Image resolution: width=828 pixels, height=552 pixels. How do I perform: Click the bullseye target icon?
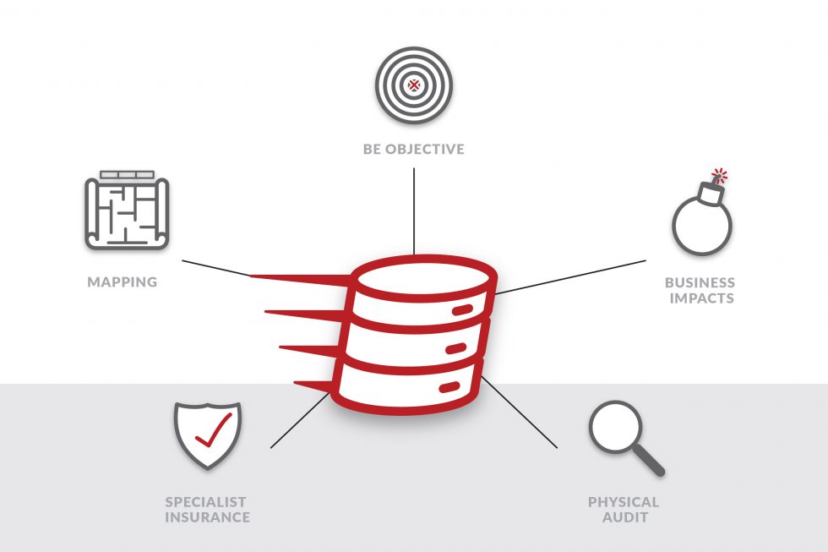[x=414, y=85]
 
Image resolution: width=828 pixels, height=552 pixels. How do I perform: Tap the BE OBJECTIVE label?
[x=414, y=150]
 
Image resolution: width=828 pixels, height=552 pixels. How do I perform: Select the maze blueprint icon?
[x=127, y=211]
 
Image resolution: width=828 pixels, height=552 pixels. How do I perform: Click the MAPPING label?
[x=123, y=281]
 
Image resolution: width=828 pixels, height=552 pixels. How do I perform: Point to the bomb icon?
[x=701, y=224]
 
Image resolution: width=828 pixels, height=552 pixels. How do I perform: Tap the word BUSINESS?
[x=700, y=282]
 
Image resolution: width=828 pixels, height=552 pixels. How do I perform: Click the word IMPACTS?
[x=701, y=298]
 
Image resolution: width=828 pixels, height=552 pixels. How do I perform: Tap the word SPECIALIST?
[x=207, y=502]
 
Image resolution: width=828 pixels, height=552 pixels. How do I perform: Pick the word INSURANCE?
[x=207, y=517]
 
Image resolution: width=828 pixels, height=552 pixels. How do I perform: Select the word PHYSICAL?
[x=624, y=502]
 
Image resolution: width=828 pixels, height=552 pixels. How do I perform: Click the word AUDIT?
[x=624, y=517]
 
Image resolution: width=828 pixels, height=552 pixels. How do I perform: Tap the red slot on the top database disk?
[x=463, y=310]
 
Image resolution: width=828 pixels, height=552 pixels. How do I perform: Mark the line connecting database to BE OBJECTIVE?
[x=414, y=211]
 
